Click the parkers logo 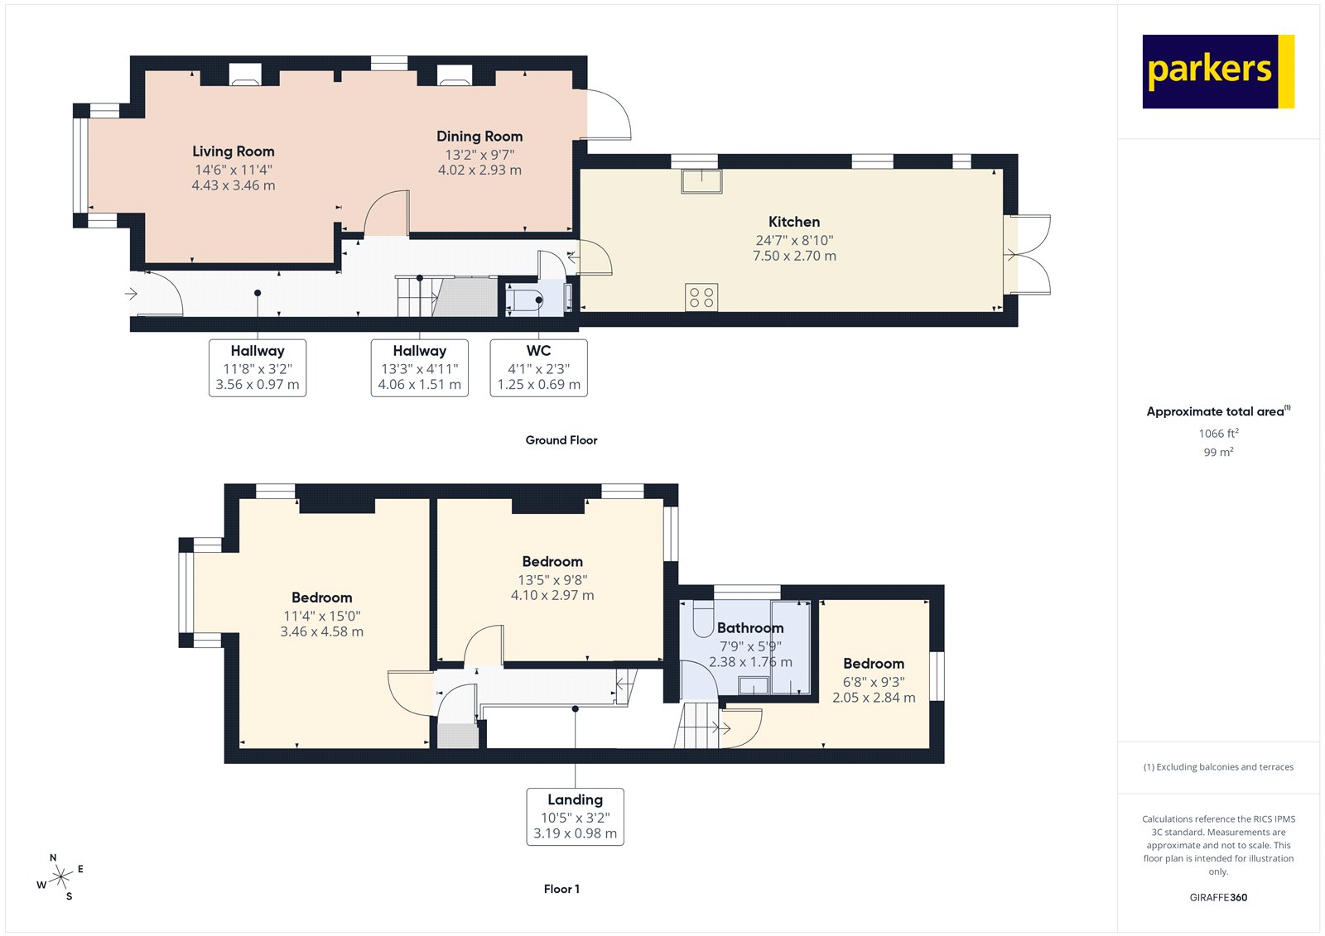click(x=1217, y=71)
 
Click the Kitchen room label click(x=793, y=222)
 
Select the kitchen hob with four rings click(x=701, y=297)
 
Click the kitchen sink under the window click(x=701, y=180)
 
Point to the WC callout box click(x=538, y=367)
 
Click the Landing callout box click(x=575, y=816)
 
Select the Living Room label click(x=234, y=151)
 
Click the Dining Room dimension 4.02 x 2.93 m click(x=479, y=170)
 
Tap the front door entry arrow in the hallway click(x=131, y=294)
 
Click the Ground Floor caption click(x=561, y=440)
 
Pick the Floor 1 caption click(x=561, y=889)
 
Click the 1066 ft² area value click(x=1218, y=434)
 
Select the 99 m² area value click(x=1218, y=452)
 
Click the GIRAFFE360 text click(x=1218, y=897)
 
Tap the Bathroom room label click(x=749, y=628)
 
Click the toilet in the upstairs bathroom click(x=702, y=619)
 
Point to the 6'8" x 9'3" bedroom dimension click(x=874, y=682)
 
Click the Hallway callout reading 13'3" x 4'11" click(x=419, y=367)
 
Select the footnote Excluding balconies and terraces click(x=1218, y=767)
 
